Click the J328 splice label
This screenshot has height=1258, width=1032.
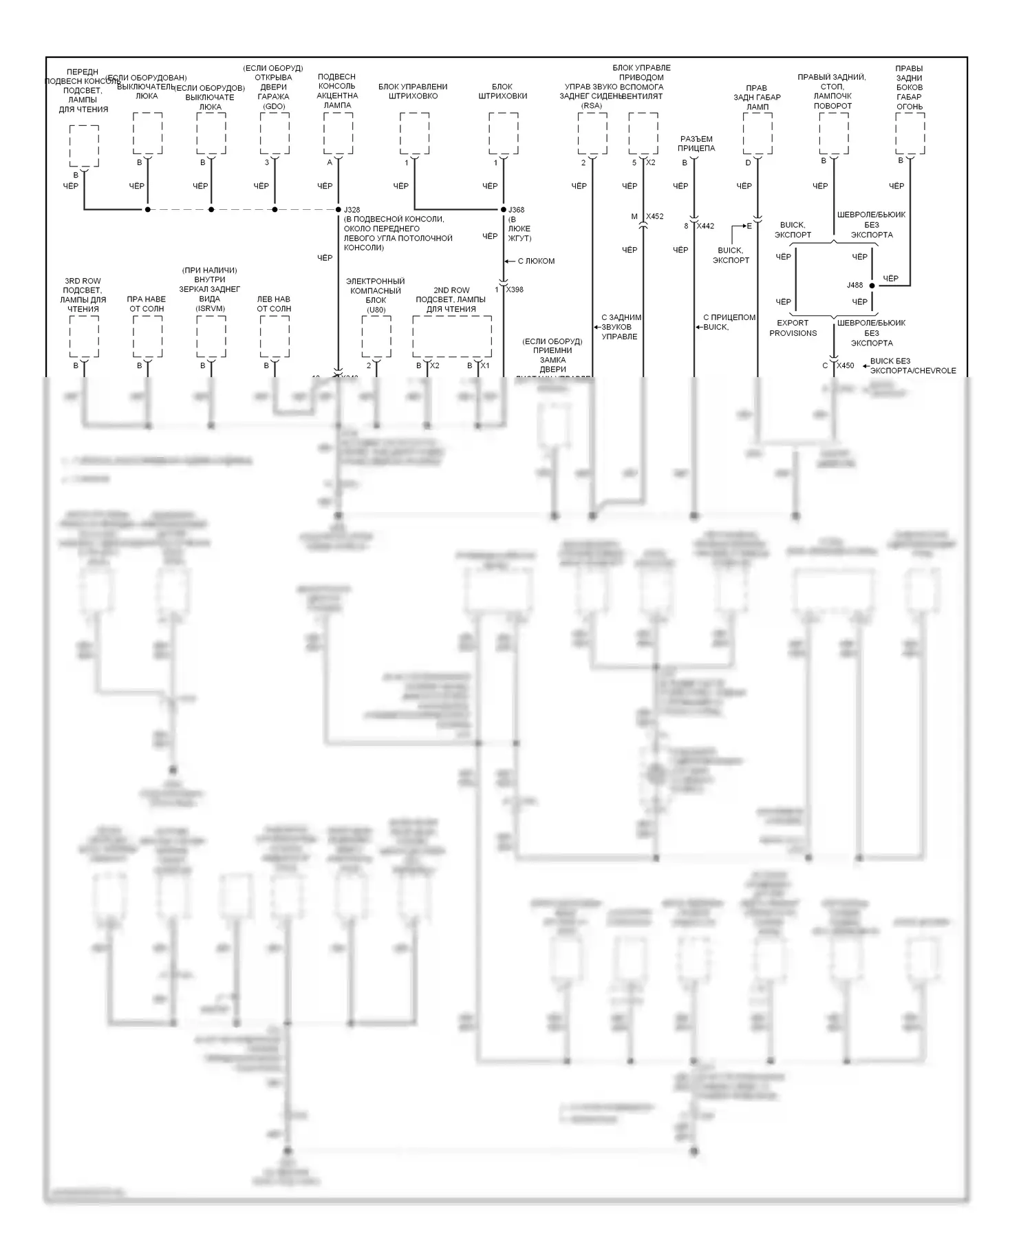click(x=352, y=209)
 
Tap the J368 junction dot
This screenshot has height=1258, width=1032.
click(x=504, y=209)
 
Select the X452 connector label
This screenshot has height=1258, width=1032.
click(x=654, y=216)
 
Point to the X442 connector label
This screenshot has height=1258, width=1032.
click(x=705, y=226)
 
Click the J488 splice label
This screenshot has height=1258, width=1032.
click(x=854, y=285)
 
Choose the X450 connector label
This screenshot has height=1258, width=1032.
click(x=846, y=365)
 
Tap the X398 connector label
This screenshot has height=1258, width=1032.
click(x=515, y=290)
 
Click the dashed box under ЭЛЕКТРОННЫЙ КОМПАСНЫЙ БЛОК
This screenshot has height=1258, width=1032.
click(x=376, y=337)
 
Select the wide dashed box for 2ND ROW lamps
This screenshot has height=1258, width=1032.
click(x=452, y=337)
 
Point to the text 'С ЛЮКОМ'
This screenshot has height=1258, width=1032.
click(x=536, y=261)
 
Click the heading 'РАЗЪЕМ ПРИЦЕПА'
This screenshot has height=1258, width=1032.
click(x=696, y=143)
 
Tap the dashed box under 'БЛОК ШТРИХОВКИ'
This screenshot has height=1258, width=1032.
click(x=503, y=134)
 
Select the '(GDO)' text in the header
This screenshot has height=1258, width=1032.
click(x=274, y=106)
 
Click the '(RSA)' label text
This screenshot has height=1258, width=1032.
click(x=592, y=106)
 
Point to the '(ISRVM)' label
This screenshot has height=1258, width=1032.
click(x=210, y=308)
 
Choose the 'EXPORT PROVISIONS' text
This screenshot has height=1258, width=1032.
click(x=793, y=328)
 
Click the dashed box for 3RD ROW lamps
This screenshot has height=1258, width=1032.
click(x=84, y=337)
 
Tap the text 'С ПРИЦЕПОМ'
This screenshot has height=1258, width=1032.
click(x=729, y=317)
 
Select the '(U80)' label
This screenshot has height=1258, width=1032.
click(x=376, y=310)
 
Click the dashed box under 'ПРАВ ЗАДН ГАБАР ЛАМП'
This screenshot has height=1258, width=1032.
click(x=757, y=134)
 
